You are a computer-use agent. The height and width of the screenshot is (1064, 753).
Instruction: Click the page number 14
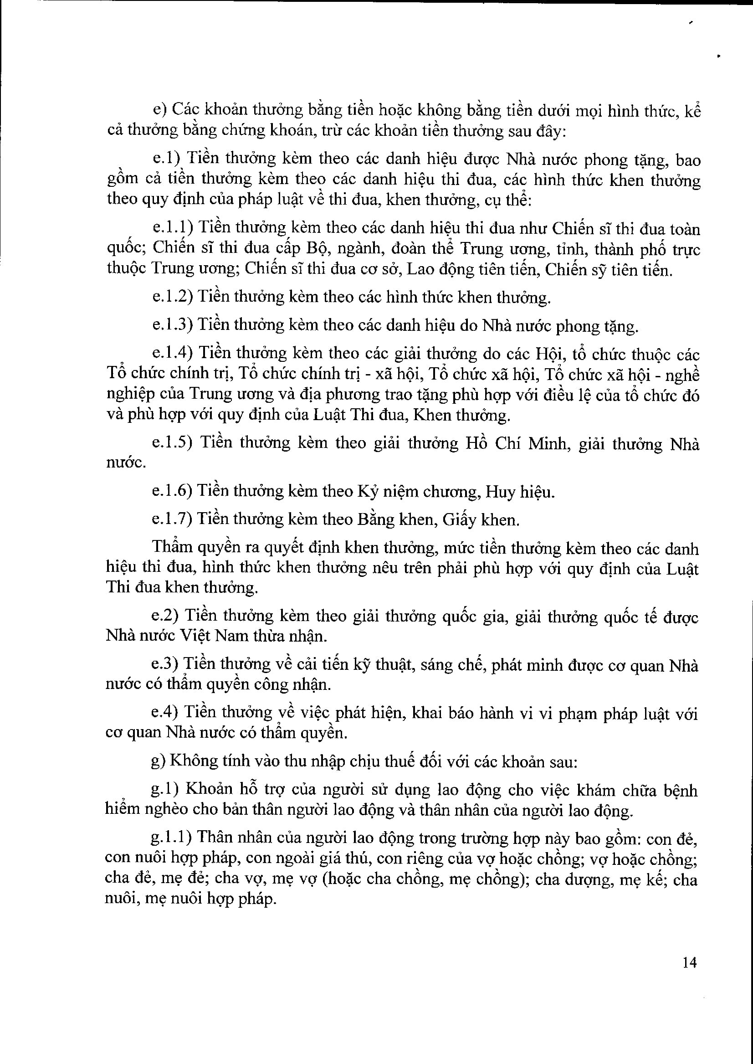pos(690,963)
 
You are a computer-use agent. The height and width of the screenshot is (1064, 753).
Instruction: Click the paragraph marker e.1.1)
pos(173,228)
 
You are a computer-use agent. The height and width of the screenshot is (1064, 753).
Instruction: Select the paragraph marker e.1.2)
pos(173,297)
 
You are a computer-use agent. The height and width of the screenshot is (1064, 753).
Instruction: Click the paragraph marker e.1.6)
pos(173,491)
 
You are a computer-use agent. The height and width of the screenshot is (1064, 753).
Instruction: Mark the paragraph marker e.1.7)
pos(173,519)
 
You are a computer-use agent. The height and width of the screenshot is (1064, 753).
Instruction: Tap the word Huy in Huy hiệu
pos(500,492)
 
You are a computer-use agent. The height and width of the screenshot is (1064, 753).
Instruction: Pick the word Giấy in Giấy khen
pos(459,520)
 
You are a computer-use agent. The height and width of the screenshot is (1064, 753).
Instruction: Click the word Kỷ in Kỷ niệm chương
pos(366,492)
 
